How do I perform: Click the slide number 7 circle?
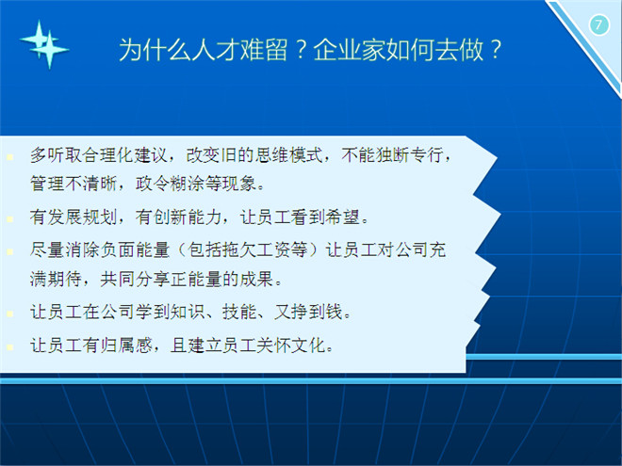click(599, 24)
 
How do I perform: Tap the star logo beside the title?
click(44, 44)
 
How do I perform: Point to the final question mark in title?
click(496, 50)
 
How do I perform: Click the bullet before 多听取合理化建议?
click(10, 157)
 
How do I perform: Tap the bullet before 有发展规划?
click(10, 218)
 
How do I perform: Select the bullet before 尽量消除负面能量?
click(10, 251)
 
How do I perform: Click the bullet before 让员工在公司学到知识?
click(10, 313)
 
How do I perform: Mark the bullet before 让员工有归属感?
click(10, 347)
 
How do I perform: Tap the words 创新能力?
click(188, 217)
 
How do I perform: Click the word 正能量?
click(196, 280)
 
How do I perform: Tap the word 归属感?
click(126, 345)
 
